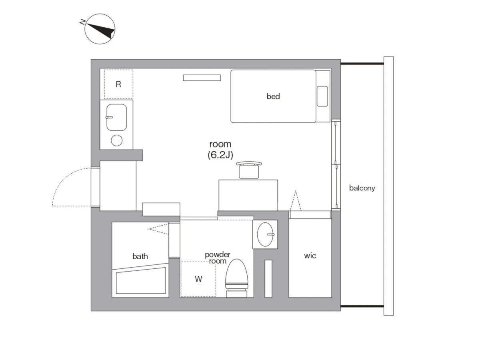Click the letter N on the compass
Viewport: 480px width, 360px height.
tap(82, 22)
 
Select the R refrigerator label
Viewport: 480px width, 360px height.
tap(118, 84)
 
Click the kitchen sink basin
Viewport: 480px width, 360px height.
tap(116, 117)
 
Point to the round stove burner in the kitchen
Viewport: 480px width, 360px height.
tap(116, 140)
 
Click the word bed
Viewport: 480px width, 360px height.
tap(273, 96)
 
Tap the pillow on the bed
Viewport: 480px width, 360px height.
tap(322, 96)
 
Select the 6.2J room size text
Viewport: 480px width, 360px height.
tap(220, 155)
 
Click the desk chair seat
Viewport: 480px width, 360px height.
tap(249, 172)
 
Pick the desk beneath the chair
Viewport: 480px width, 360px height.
tap(248, 195)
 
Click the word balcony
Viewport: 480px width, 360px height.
tap(362, 188)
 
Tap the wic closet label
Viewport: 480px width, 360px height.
tap(310, 256)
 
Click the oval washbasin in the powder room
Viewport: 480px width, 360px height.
tap(265, 234)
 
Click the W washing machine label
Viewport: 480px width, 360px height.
tap(198, 279)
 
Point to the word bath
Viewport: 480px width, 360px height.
tap(140, 256)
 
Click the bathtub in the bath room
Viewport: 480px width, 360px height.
tap(141, 280)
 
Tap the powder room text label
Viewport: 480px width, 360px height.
tap(218, 258)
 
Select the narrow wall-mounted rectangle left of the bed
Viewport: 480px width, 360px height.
tap(202, 78)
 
